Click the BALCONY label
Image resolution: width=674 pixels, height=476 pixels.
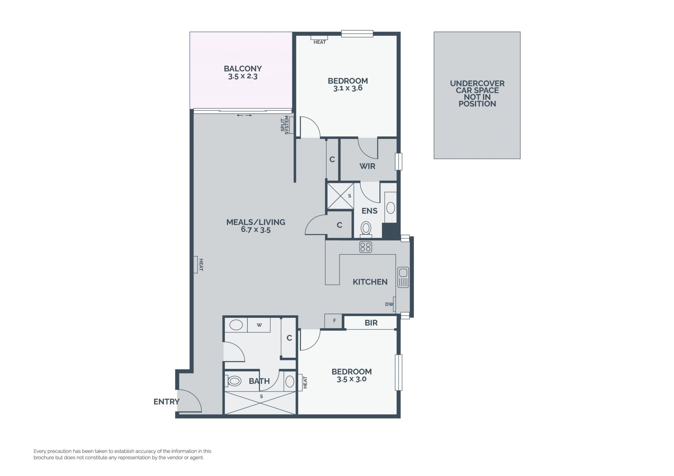point(243,69)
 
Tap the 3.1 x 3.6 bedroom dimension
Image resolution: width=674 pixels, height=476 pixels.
point(348,88)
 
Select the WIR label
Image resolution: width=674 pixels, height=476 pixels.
point(368,166)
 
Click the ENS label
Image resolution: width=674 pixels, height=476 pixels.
point(370,211)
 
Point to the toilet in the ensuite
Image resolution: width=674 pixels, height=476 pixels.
point(366,229)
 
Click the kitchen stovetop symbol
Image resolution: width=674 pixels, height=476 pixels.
point(365,247)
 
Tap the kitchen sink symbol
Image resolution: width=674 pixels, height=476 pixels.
point(403,277)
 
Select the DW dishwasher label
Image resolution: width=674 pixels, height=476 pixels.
point(389,304)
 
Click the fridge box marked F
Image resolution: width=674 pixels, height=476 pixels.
point(335,321)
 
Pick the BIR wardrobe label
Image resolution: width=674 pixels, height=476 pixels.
point(371,323)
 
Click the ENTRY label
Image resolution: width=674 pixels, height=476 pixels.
point(166,402)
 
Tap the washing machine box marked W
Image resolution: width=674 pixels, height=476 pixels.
point(259,325)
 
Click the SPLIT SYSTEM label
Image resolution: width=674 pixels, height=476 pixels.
point(285,125)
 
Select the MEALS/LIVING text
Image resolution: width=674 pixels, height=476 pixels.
point(256,222)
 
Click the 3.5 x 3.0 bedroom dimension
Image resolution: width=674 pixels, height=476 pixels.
point(352,379)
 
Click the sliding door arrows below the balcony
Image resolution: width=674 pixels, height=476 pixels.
point(244,115)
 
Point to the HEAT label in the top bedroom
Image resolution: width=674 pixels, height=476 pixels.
point(320,42)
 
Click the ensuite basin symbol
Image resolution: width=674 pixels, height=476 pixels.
point(390,208)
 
